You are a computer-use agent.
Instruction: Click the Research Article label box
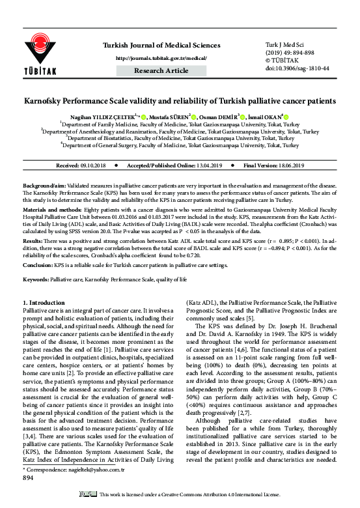[161, 70]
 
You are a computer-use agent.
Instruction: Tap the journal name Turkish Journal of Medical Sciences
[161, 45]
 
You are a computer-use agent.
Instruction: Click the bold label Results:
[33, 240]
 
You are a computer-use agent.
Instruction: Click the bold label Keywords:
[38, 279]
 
